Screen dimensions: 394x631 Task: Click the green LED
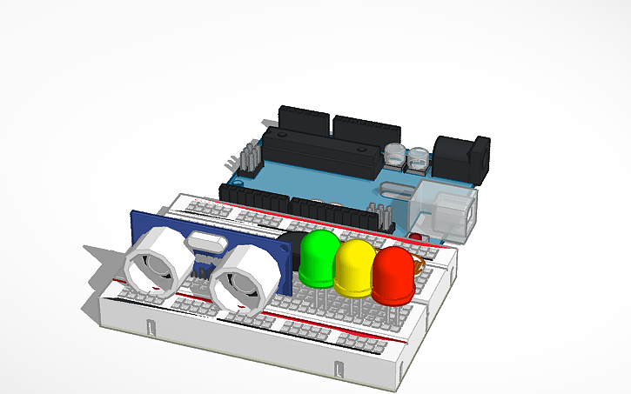pos(319,257)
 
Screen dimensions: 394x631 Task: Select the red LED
pos(393,275)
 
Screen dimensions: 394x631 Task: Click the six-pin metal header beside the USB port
pos(379,217)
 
